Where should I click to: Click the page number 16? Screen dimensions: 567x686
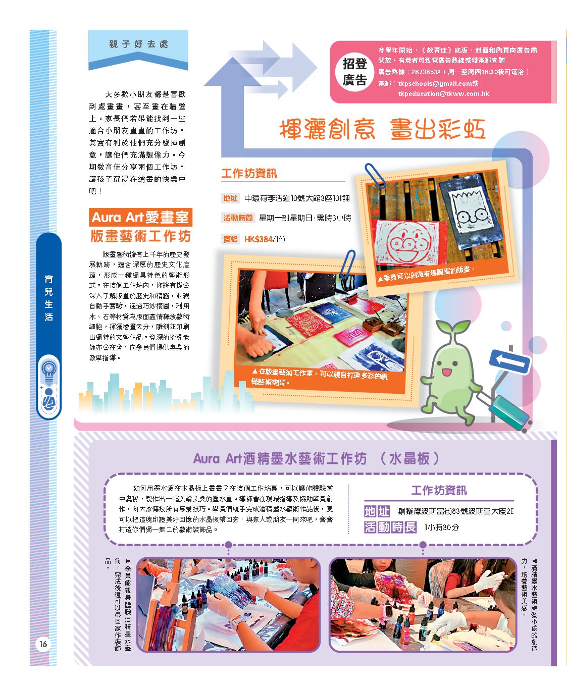43,644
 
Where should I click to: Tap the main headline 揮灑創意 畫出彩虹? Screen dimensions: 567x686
382,129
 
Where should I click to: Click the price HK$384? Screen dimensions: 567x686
259,239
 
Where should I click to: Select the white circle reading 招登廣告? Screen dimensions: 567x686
354,71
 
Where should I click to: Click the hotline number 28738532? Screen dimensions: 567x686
426,72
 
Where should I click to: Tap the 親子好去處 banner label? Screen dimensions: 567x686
138,44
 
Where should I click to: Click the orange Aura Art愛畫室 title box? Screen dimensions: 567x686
140,217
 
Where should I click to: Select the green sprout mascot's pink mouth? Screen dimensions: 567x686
446,372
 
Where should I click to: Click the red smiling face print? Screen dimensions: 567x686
406,241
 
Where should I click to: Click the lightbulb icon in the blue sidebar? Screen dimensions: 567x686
48,370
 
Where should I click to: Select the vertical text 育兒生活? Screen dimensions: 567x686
48,298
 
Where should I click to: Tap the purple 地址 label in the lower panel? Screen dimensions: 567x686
377,511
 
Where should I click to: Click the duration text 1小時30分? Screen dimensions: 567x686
441,527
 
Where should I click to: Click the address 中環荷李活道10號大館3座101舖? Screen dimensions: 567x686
297,198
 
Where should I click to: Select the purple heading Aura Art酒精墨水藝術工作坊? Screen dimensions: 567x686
280,458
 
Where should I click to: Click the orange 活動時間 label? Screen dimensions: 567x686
238,218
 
